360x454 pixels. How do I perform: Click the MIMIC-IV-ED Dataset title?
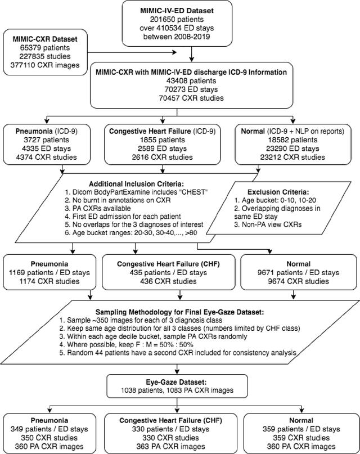192,10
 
